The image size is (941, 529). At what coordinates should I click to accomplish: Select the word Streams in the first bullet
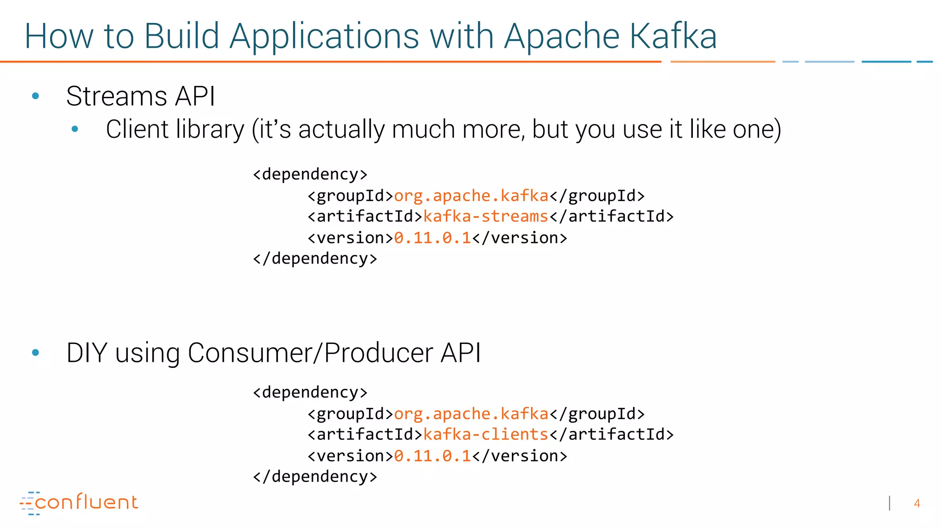pyautogui.click(x=116, y=96)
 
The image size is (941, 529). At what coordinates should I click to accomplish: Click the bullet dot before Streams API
pyautogui.click(x=35, y=96)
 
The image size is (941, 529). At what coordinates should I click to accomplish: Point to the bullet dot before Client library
pyautogui.click(x=75, y=129)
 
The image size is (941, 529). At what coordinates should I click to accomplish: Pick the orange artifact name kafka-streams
pyautogui.click(x=486, y=216)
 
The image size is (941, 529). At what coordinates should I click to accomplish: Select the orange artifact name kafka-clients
pyautogui.click(x=486, y=434)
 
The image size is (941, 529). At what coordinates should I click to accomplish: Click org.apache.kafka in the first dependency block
pyautogui.click(x=471, y=196)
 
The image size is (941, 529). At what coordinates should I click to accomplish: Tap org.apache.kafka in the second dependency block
pyautogui.click(x=471, y=414)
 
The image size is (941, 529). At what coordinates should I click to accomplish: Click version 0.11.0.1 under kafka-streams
pyautogui.click(x=432, y=238)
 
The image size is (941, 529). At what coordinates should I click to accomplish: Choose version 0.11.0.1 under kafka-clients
pyautogui.click(x=432, y=456)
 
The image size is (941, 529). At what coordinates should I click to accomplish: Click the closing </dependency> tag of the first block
pyautogui.click(x=315, y=259)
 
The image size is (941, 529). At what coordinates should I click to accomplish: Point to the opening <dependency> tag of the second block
pyautogui.click(x=310, y=393)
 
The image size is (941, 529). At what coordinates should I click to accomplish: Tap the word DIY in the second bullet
pyautogui.click(x=86, y=353)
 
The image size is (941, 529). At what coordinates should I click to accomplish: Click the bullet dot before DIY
pyautogui.click(x=35, y=353)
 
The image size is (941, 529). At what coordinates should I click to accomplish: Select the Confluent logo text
pyautogui.click(x=86, y=502)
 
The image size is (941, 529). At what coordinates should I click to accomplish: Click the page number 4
pyautogui.click(x=917, y=504)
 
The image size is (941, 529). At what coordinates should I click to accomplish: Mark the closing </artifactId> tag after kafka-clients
pyautogui.click(x=612, y=434)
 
